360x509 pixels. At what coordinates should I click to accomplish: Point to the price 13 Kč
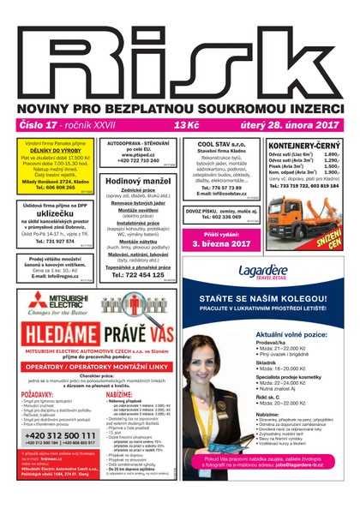(x=186, y=125)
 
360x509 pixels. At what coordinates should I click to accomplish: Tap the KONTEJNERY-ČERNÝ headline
(x=305, y=146)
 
